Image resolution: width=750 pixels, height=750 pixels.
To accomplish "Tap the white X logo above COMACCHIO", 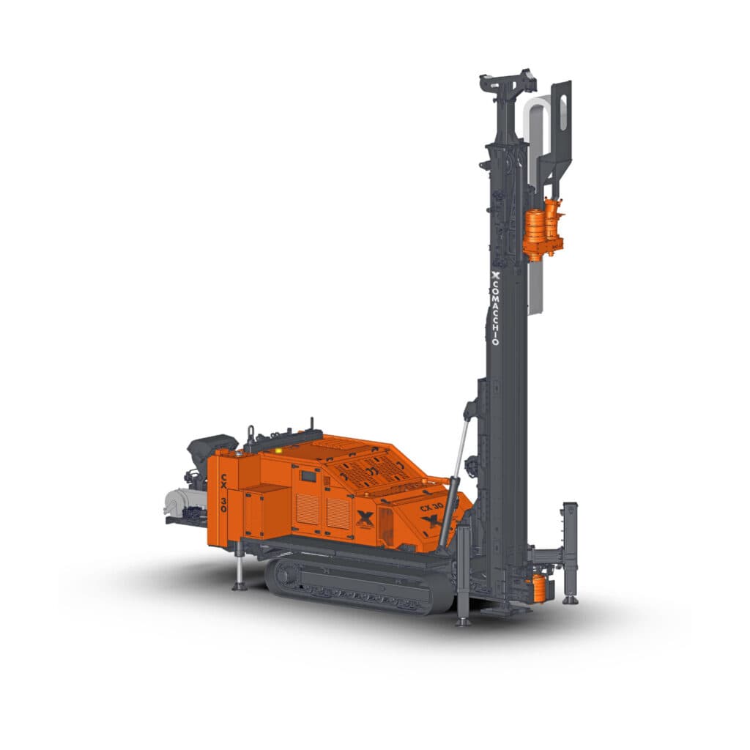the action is [x=496, y=275].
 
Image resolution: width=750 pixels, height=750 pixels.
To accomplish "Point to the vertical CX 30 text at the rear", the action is [x=223, y=493].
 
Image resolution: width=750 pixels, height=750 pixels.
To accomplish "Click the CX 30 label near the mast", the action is [x=431, y=507].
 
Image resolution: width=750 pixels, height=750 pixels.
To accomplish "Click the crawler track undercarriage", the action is [x=360, y=585].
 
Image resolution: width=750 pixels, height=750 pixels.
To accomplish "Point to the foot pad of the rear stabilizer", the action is [x=240, y=587].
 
